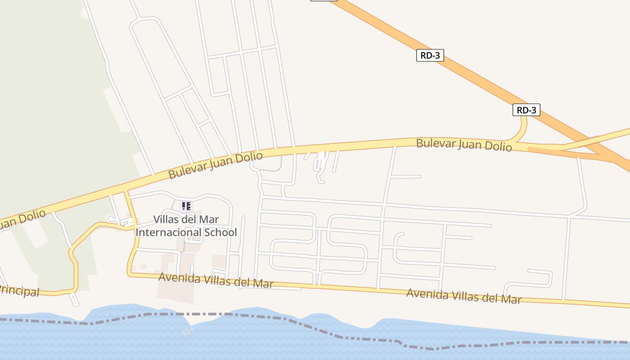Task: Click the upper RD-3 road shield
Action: [430, 55]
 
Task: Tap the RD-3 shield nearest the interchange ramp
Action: [526, 110]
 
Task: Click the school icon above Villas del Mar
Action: [186, 206]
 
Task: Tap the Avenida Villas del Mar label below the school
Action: [216, 280]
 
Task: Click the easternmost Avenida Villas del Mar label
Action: [463, 296]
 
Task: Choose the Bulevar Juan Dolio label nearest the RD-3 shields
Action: [463, 145]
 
